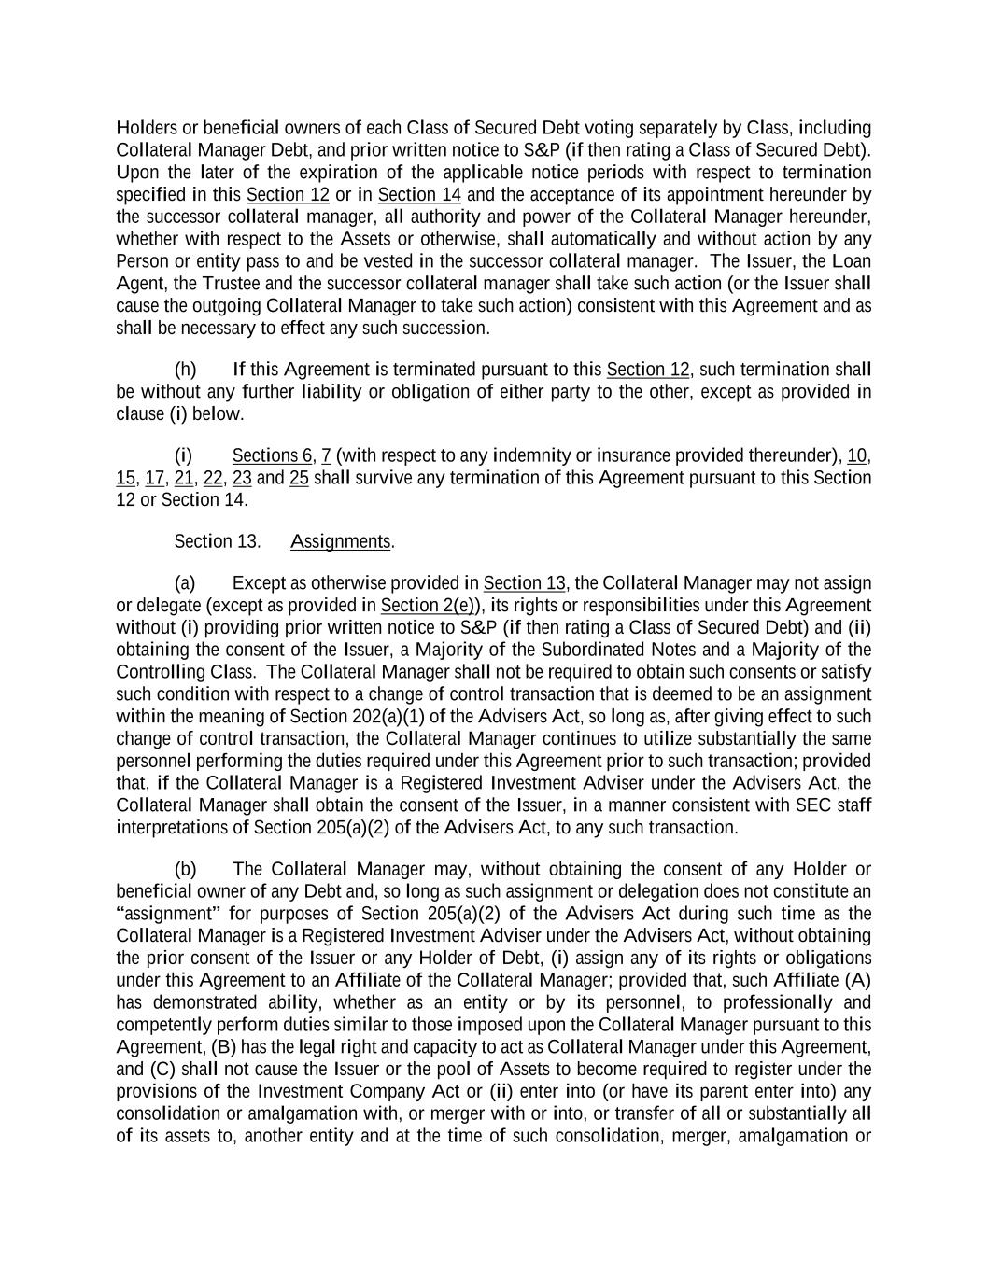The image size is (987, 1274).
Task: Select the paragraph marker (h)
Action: pyautogui.click(x=185, y=370)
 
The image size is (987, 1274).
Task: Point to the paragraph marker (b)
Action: pyautogui.click(x=185, y=870)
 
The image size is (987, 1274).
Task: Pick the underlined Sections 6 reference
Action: pyautogui.click(x=272, y=456)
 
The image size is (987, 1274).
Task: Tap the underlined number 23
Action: pyautogui.click(x=242, y=479)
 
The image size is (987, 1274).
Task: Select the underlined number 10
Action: pyautogui.click(x=857, y=456)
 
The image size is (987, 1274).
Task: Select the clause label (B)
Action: pyautogui.click(x=224, y=1047)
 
